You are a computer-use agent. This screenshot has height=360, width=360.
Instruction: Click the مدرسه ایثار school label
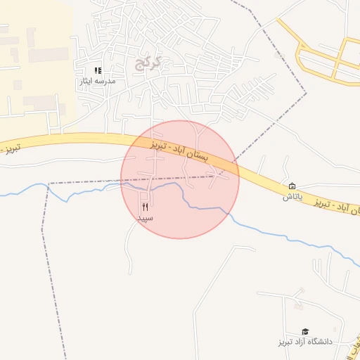(98, 82)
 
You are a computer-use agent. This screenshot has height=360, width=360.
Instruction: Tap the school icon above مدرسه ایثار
(98, 70)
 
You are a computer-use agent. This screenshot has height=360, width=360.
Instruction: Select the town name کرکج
(150, 63)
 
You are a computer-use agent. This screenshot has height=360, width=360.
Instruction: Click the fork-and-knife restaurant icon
(145, 207)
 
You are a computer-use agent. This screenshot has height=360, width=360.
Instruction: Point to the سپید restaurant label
(146, 218)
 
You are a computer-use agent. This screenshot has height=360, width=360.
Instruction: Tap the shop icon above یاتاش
(292, 186)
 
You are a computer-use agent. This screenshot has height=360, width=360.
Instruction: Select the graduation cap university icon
(305, 331)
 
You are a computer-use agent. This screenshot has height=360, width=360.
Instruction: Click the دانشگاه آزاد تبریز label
(304, 342)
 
